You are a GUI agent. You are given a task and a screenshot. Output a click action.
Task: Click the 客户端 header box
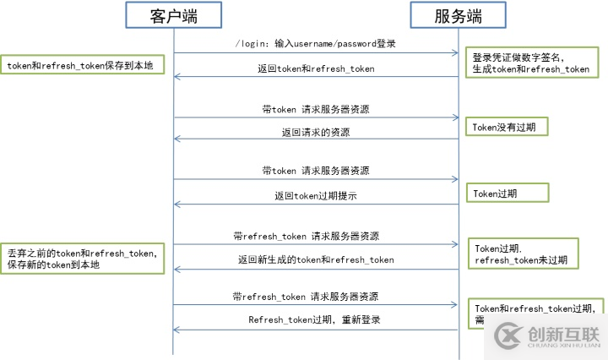point(174,14)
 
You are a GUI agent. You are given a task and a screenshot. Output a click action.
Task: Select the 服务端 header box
point(458,14)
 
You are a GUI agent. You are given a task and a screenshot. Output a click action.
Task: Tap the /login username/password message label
point(316,43)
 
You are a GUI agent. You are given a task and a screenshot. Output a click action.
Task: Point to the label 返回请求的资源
point(316,132)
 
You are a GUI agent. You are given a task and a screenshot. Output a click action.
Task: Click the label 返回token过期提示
point(316,194)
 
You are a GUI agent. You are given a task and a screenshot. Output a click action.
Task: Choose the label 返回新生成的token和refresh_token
point(316,259)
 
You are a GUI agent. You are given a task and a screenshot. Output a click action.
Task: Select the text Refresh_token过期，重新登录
point(316,319)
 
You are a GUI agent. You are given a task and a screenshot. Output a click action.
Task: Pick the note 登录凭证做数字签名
point(533,63)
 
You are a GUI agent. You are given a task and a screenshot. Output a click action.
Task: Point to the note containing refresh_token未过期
point(523,254)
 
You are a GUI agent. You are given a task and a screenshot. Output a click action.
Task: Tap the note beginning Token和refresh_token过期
point(536,309)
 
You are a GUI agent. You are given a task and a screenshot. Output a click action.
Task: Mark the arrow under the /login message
point(316,53)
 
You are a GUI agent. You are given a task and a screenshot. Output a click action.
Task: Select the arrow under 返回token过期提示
point(316,204)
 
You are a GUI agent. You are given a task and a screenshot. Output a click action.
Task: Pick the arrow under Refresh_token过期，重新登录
point(316,330)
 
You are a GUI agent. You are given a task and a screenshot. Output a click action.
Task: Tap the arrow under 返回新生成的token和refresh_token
point(316,269)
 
